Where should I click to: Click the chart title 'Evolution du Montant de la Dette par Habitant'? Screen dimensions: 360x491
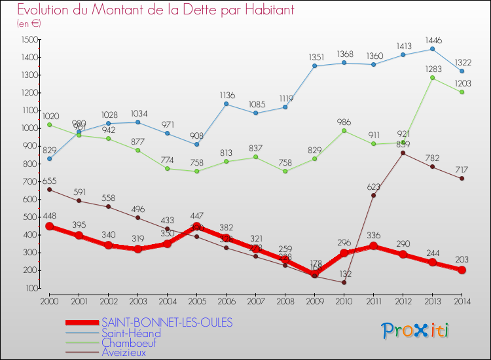click(x=155, y=10)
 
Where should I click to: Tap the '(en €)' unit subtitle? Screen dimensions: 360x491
click(x=29, y=24)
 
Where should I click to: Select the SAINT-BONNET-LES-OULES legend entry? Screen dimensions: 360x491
click(x=167, y=323)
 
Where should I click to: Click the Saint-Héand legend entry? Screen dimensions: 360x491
click(x=131, y=333)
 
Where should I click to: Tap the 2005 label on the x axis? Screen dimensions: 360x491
click(x=196, y=300)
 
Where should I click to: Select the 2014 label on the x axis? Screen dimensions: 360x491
click(x=462, y=300)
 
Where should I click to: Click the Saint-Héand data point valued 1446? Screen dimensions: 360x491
click(x=433, y=48)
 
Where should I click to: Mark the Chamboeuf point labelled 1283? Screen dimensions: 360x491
click(x=433, y=78)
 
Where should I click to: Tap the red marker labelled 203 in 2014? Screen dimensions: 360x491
click(x=462, y=270)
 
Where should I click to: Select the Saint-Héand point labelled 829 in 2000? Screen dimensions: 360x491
click(x=49, y=158)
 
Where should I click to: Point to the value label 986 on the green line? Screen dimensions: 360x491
click(x=344, y=121)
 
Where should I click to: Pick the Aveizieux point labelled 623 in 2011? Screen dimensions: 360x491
click(x=374, y=195)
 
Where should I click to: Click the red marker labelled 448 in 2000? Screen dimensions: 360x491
click(x=49, y=226)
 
